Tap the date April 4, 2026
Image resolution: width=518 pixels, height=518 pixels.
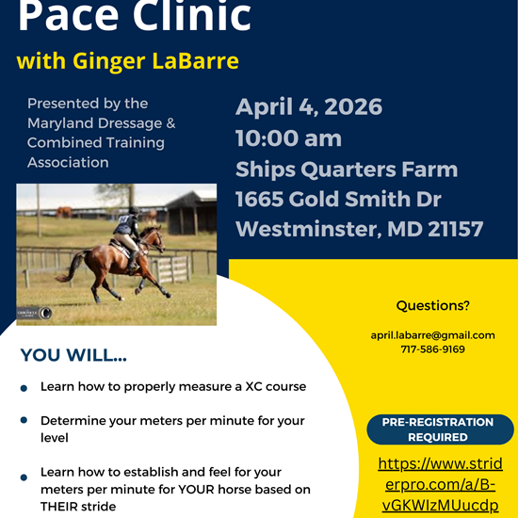309,106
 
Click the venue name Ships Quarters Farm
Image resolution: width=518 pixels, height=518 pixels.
347,170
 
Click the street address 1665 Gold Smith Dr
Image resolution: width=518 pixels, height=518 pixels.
338,199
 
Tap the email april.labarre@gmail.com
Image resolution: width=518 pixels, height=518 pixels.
432,335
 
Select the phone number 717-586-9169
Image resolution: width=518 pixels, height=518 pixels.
432,349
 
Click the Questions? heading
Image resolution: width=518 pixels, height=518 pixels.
432,305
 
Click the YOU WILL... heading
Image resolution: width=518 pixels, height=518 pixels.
73,356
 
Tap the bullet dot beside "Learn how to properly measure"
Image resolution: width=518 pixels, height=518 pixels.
24,386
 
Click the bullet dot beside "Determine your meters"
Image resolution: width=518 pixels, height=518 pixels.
24,420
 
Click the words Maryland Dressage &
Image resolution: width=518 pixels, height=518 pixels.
101,123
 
